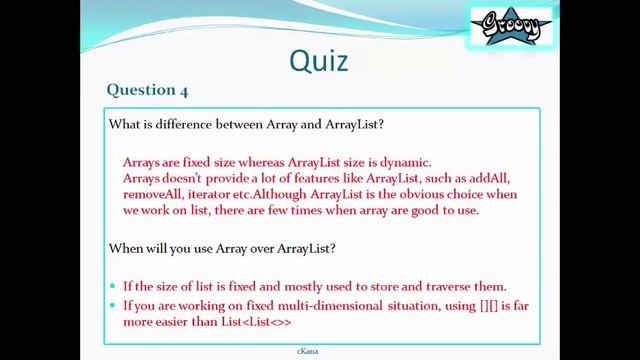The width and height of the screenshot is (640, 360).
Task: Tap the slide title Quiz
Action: [319, 60]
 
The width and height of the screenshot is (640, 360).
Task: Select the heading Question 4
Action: [147, 90]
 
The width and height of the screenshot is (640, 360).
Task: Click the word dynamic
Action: [406, 162]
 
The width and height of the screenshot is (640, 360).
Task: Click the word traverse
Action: [449, 284]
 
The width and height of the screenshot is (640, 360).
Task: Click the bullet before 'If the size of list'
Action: [113, 285]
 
